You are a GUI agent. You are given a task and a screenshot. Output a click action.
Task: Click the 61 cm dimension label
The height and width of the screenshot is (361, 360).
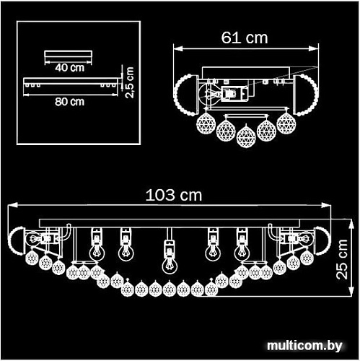(245, 38)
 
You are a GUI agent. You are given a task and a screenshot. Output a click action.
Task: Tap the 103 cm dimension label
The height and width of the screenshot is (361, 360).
(174, 195)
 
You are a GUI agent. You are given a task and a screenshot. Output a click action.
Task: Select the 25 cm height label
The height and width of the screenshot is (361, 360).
(342, 259)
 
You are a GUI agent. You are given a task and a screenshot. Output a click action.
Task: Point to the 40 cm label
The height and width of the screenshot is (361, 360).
(69, 68)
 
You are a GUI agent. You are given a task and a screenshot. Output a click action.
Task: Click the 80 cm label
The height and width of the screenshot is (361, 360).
(69, 102)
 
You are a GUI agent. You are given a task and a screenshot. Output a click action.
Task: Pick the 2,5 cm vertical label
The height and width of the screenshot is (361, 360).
(130, 82)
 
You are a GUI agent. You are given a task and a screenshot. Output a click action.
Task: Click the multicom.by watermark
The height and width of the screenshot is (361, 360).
(304, 346)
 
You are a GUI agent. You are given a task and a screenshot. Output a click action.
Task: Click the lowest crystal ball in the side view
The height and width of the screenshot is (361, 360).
(245, 136)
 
